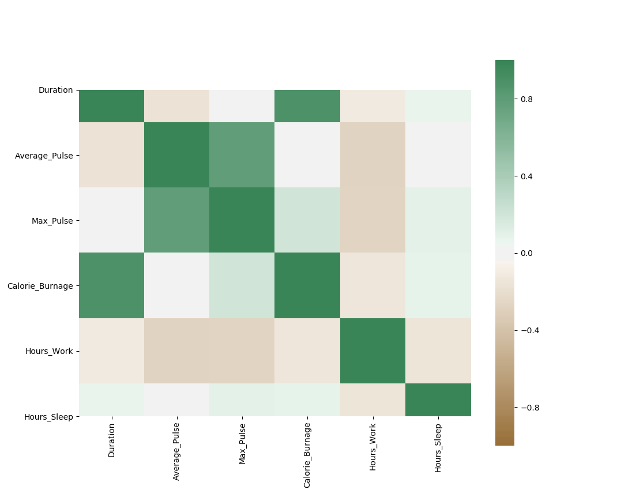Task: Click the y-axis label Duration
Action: (55, 90)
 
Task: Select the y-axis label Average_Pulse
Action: (44, 155)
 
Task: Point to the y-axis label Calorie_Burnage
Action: (40, 285)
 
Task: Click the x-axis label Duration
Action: (111, 440)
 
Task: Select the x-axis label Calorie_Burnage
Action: (307, 455)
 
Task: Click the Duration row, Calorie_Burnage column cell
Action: (307, 106)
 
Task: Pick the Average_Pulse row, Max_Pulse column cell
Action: (242, 155)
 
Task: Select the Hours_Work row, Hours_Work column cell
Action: (373, 351)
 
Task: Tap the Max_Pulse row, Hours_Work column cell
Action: (373, 220)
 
